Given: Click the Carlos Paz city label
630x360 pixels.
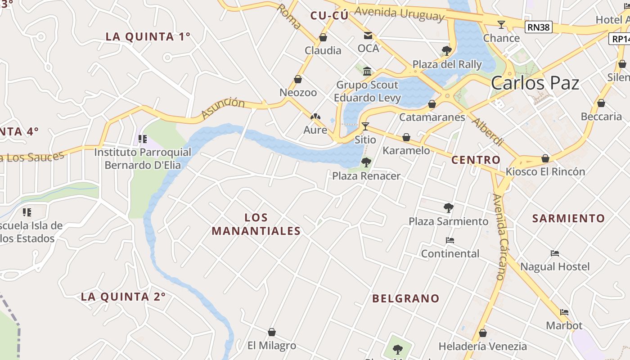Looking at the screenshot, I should [535, 83].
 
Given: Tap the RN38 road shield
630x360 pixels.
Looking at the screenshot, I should [538, 27].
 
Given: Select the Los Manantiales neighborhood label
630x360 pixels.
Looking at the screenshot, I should [256, 224].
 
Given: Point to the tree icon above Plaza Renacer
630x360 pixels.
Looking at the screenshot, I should [366, 162].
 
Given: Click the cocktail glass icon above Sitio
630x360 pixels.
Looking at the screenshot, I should [365, 126].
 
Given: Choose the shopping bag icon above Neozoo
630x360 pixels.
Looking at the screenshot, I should [298, 79].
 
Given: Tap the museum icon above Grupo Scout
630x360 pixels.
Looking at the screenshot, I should [367, 71].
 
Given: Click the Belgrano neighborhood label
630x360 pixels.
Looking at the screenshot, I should [406, 298].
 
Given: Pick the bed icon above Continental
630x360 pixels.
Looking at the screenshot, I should [450, 240].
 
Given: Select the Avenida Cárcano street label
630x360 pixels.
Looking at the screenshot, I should [500, 237].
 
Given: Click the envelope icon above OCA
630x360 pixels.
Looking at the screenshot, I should [368, 36].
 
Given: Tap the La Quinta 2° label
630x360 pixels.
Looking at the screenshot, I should [123, 297].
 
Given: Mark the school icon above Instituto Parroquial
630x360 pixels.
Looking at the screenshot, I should [143, 139].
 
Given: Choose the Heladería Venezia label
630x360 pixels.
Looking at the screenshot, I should [483, 346].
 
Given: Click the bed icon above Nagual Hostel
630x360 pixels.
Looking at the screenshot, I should [554, 253].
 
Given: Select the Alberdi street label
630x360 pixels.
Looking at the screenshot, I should [488, 131].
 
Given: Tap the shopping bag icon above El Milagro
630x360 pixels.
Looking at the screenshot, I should [272, 332].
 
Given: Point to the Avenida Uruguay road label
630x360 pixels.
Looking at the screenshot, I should [399, 13].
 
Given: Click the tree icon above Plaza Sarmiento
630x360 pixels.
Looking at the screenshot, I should [448, 207].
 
